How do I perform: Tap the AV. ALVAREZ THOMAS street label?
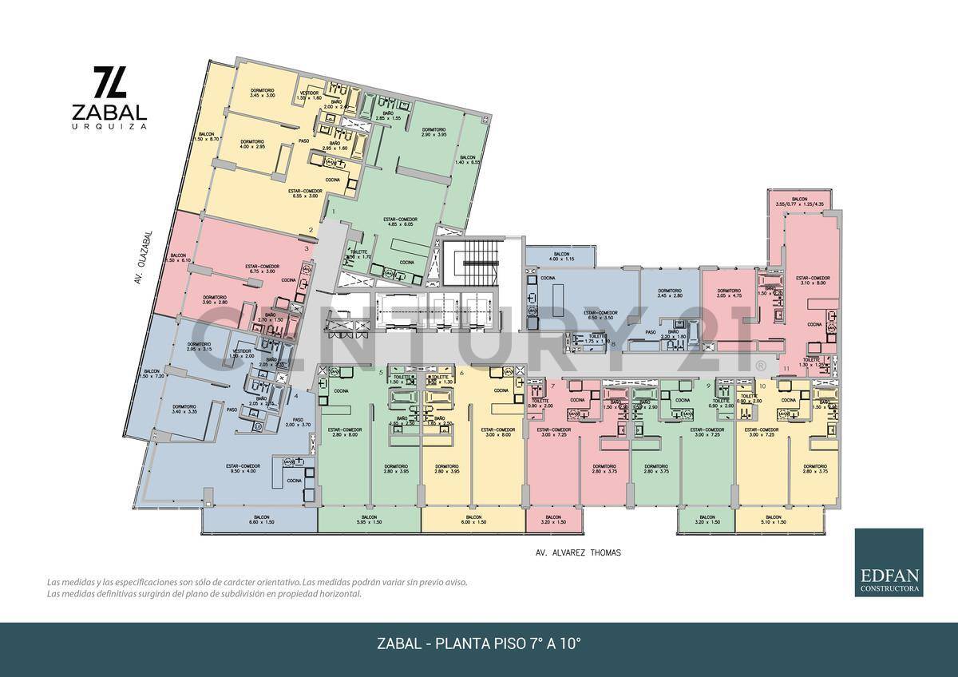click(577, 552)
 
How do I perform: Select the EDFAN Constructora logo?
click(889, 562)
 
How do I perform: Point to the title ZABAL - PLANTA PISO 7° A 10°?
click(478, 643)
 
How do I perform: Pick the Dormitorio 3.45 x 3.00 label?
click(263, 92)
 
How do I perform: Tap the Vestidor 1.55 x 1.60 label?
click(310, 95)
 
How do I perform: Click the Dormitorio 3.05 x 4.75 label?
click(729, 293)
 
